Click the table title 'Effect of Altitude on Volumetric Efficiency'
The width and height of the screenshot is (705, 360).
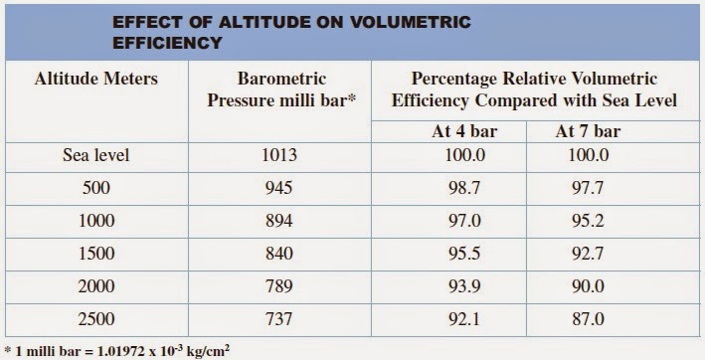(x=291, y=32)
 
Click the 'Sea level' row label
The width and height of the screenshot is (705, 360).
(x=95, y=155)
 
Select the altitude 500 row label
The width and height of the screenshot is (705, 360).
(x=95, y=187)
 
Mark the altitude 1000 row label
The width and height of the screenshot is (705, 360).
(x=95, y=220)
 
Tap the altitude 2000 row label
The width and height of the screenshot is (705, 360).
(x=95, y=286)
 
